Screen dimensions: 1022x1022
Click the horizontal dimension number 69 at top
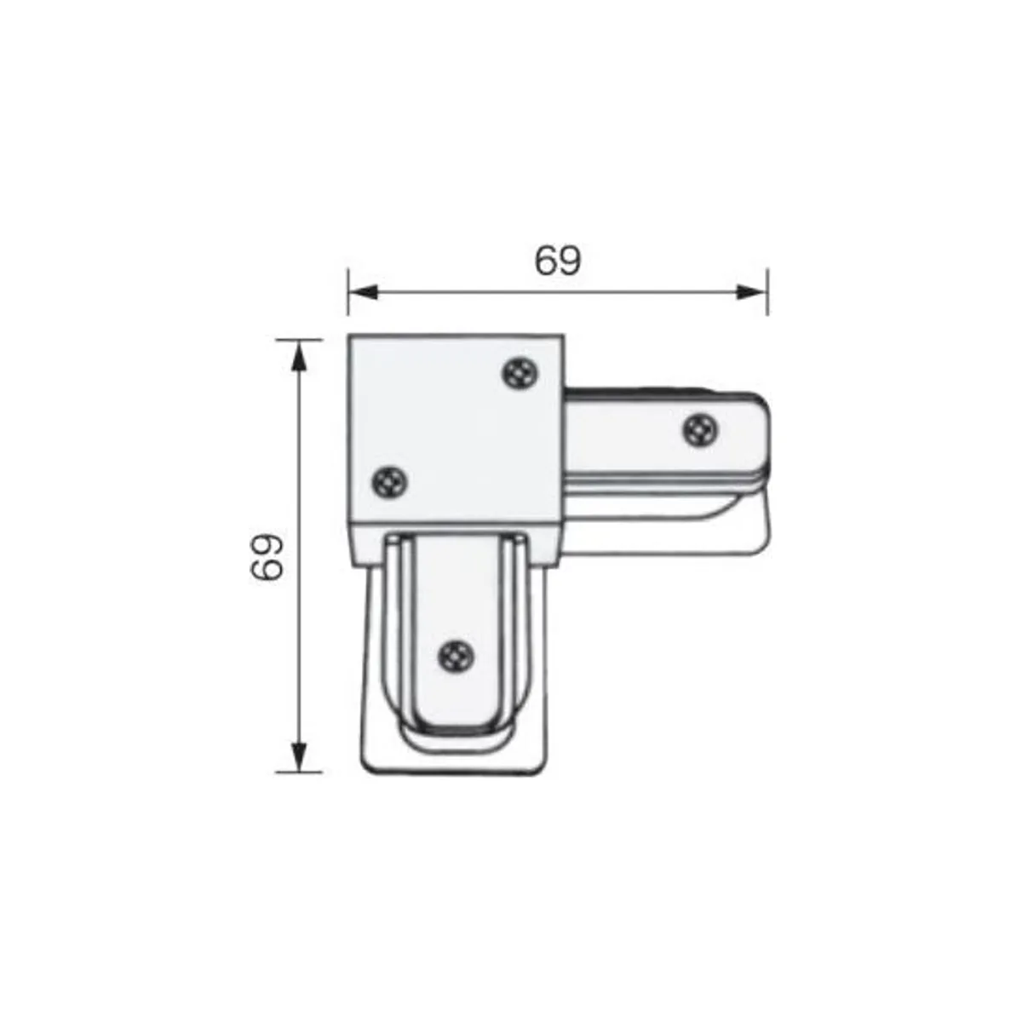pyautogui.click(x=557, y=261)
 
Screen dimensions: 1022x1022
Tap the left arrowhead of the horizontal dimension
pyautogui.click(x=363, y=292)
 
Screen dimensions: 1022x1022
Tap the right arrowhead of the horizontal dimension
pyautogui.click(x=753, y=292)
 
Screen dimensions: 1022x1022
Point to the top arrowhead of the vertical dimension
pyautogui.click(x=300, y=355)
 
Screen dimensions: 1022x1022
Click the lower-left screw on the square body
pyautogui.click(x=390, y=481)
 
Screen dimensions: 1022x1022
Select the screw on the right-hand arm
pyautogui.click(x=701, y=429)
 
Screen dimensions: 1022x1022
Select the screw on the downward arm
pyautogui.click(x=456, y=658)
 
